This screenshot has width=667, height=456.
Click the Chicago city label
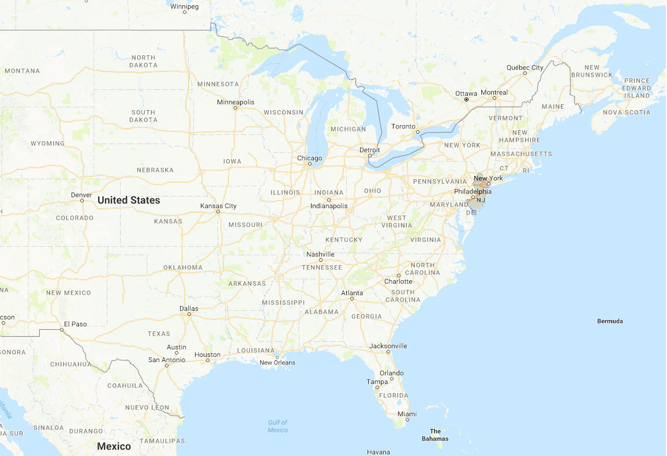(309, 158)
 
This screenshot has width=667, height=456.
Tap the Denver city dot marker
(82, 201)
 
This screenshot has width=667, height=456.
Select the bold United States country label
(129, 200)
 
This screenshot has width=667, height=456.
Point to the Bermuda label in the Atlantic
(610, 321)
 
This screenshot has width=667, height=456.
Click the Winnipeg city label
(185, 6)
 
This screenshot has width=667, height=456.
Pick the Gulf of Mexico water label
(278, 426)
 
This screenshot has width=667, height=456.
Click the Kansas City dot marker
(218, 212)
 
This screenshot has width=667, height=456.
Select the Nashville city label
(320, 254)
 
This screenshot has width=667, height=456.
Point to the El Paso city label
(75, 324)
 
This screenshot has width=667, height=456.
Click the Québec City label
(525, 67)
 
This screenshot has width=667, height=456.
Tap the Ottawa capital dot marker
(466, 99)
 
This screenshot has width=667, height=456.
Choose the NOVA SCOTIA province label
(627, 112)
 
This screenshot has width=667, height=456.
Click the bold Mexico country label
(114, 446)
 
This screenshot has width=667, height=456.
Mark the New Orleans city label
(277, 363)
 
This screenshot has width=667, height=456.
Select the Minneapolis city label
(235, 102)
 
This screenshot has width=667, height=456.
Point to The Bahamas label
(435, 435)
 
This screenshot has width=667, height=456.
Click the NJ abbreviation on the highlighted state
(480, 199)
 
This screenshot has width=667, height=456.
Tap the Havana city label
(379, 452)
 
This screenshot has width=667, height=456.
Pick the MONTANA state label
(22, 71)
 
